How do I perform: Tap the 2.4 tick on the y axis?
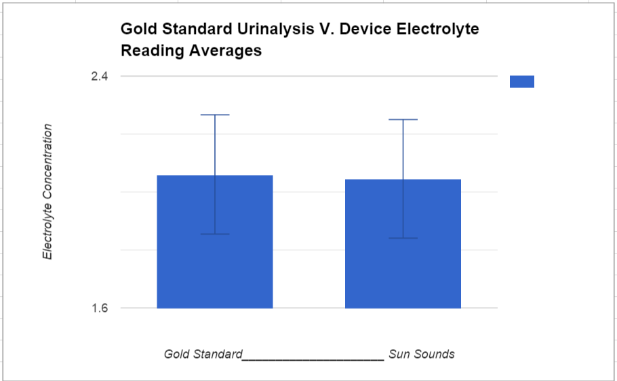tap(99, 77)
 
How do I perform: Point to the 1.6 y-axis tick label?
tap(99, 308)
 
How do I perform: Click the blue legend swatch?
tap(521, 81)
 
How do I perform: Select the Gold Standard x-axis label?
tap(203, 354)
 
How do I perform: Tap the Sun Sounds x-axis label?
tap(421, 354)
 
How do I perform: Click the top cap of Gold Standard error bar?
tap(215, 115)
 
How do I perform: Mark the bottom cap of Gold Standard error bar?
tap(215, 234)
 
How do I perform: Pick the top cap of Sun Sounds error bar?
tap(403, 119)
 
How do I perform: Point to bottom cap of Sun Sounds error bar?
tap(403, 238)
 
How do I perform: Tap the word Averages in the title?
tap(226, 51)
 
